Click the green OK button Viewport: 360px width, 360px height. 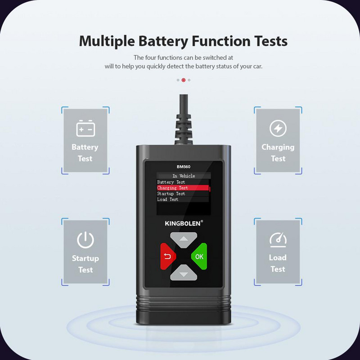(198, 256)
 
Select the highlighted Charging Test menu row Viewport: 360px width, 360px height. (182, 188)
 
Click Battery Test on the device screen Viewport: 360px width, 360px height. (171, 182)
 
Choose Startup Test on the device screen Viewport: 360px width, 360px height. (171, 193)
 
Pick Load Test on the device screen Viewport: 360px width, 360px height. (167, 199)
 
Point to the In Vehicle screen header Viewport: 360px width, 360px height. (184, 176)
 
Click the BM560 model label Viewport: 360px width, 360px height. (184, 166)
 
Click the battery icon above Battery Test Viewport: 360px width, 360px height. (85, 129)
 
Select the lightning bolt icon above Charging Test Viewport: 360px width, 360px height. (278, 129)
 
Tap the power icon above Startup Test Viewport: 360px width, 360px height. (85, 240)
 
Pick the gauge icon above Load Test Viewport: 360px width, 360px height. (278, 240)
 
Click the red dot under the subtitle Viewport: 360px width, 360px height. (184, 80)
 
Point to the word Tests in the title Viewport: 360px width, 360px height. (267, 41)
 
